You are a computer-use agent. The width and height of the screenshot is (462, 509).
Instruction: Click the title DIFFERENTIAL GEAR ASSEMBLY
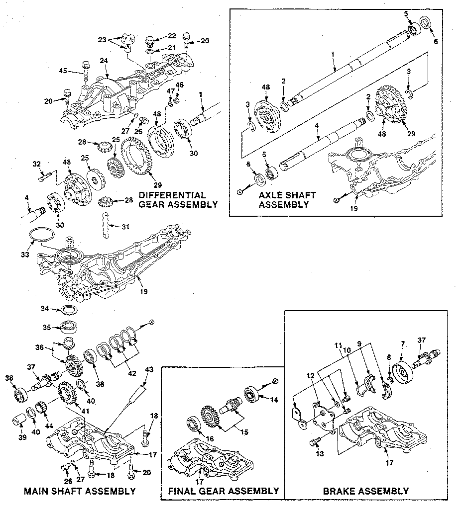point(178,199)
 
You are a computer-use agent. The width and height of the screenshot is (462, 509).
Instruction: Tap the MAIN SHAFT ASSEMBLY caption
point(80,491)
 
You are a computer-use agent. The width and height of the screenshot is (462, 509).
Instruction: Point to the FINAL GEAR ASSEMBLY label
point(223,491)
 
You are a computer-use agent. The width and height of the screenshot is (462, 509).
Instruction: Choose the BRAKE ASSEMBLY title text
point(366,491)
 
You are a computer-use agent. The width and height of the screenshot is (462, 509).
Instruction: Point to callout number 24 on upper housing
point(104,61)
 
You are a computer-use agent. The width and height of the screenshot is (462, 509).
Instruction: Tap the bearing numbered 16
point(193,425)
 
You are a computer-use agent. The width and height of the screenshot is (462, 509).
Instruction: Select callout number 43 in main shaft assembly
point(148,370)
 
